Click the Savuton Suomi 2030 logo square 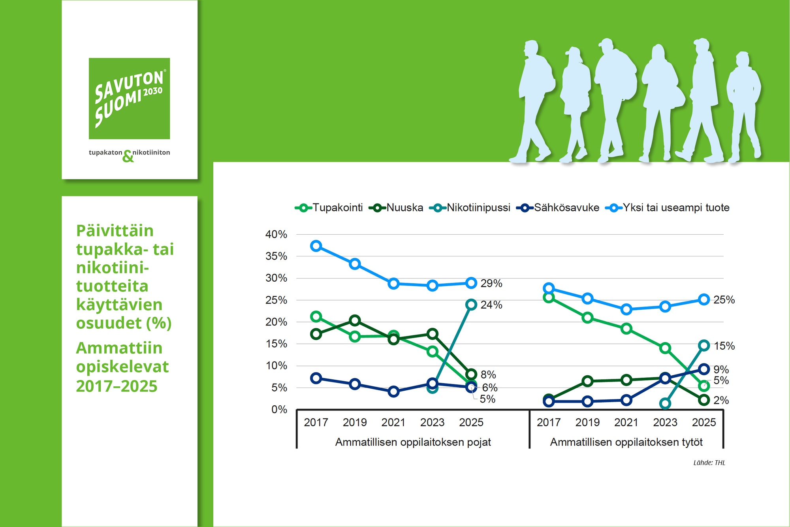129,98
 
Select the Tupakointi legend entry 329,208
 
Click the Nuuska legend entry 396,208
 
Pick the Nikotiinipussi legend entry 470,208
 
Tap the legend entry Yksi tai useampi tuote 668,208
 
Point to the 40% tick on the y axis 276,234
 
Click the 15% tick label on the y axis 276,344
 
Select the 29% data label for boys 491,283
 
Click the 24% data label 491,305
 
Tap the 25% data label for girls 724,300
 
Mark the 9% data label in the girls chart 721,369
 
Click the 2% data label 721,400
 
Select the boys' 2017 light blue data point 316,246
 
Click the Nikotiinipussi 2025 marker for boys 471,305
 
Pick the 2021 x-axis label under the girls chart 626,422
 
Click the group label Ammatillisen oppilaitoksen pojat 413,442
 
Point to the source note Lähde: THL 709,463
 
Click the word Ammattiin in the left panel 119,348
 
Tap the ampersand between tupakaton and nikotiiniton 128,156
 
